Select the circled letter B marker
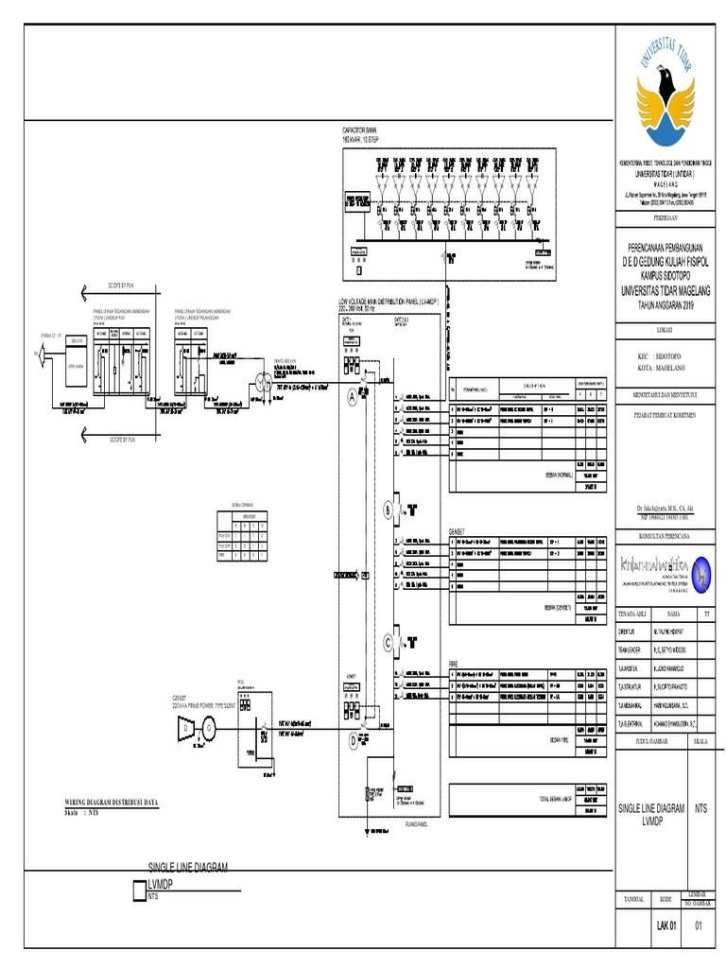388,510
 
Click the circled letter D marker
354,740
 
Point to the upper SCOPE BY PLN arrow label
115,285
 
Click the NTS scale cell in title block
700,808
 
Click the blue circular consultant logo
702,571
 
